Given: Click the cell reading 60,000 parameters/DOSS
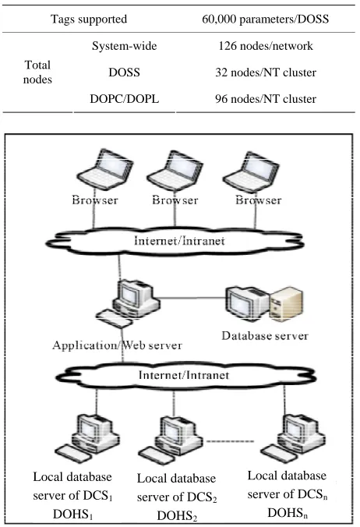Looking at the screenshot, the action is tap(265, 19).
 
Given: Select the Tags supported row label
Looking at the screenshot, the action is tap(89, 19).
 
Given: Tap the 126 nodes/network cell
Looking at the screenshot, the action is tap(265, 45).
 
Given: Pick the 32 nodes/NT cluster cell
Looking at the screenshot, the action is tap(265, 73).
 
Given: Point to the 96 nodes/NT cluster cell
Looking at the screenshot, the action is tap(265, 99).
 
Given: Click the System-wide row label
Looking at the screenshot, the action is tap(124, 45).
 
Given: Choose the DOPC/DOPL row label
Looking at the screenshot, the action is tap(124, 99).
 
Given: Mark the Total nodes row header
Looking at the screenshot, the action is tap(37, 72).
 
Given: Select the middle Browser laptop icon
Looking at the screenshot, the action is tap(175, 171).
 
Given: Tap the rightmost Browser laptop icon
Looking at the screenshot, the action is tap(251, 172).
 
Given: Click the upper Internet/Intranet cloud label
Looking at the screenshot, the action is tap(179, 241).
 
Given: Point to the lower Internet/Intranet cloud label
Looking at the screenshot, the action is tap(184, 375).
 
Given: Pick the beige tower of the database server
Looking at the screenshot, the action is tap(286, 304).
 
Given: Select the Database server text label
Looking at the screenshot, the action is tap(265, 335).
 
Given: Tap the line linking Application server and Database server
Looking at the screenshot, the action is tap(192, 298).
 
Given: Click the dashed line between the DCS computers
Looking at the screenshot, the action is tap(230, 441).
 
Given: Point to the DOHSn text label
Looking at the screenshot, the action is tap(288, 512).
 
